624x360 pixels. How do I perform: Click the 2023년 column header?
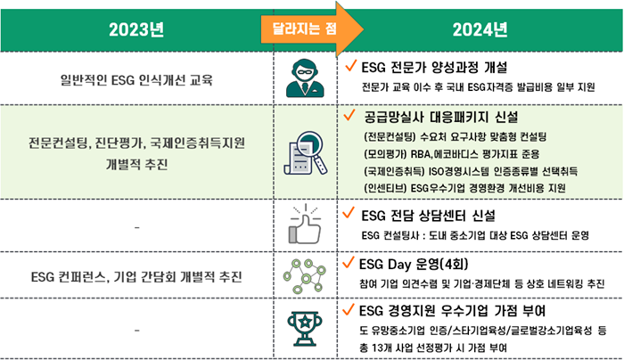pos(136,29)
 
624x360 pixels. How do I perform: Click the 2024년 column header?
pos(480,29)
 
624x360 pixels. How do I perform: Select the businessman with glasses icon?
pos(305,78)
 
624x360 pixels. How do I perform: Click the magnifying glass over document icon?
pos(306,153)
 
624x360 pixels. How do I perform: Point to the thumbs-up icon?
pos(305,225)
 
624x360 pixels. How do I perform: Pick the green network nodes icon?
pos(305,275)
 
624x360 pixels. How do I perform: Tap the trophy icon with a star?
pos(305,329)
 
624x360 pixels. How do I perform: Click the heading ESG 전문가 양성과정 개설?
pos(434,67)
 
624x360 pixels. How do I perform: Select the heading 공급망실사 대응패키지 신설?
pos(441,117)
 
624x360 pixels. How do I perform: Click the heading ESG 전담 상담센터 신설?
pos(428,216)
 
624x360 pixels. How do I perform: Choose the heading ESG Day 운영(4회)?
pos(414,264)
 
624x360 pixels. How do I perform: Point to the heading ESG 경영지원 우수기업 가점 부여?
pos(452,311)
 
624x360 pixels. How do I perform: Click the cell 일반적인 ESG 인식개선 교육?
pos(136,80)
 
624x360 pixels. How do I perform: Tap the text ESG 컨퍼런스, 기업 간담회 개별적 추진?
pos(136,276)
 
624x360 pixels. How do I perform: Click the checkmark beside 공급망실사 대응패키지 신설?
pos(349,115)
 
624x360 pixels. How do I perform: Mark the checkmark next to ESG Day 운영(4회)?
pos(348,263)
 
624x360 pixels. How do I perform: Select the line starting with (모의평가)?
pos(452,154)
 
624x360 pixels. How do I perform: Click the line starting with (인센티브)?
pos(464,188)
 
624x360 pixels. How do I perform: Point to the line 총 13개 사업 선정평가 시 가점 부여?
pos(433,348)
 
